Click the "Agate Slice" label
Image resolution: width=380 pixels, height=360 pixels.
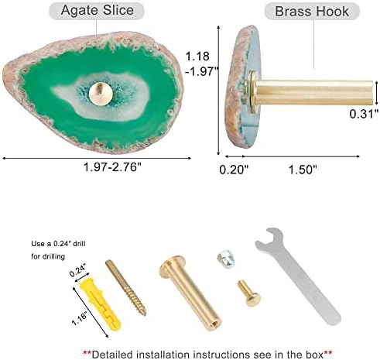click(98, 11)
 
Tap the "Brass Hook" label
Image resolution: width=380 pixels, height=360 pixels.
click(312, 12)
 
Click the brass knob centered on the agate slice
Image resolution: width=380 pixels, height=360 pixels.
click(101, 94)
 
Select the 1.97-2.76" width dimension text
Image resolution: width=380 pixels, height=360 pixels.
click(112, 167)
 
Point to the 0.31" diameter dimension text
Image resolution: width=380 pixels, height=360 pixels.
click(364, 114)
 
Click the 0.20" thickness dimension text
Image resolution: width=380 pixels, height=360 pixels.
click(234, 170)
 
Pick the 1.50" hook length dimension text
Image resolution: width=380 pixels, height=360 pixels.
click(303, 170)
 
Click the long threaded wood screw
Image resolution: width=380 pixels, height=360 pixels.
click(126, 288)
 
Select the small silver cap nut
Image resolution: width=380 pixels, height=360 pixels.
click(226, 259)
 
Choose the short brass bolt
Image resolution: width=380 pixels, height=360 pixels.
click(249, 293)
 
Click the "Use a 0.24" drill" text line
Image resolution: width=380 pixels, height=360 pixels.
click(58, 244)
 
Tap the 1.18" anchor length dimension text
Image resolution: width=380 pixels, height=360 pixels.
click(79, 319)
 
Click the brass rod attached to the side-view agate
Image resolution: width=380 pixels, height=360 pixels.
click(314, 92)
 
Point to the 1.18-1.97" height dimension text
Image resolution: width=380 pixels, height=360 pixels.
click(201, 63)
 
